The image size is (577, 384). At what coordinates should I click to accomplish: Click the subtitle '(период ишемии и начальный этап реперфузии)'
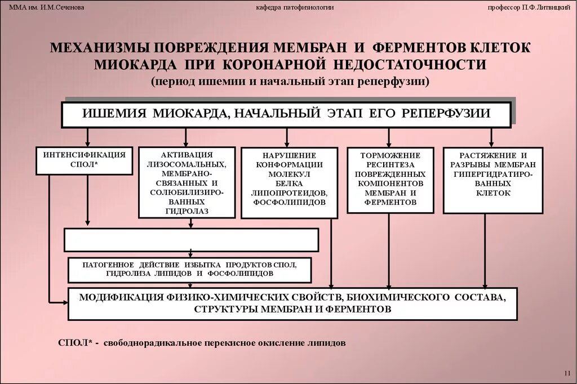coord(290,81)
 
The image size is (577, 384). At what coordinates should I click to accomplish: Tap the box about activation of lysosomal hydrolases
coord(187,182)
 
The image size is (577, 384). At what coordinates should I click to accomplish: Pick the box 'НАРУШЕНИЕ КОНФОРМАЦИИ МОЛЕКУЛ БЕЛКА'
coord(290,182)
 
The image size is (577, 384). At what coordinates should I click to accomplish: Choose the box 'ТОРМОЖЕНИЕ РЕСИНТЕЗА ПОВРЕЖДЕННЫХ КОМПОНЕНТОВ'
coord(390,179)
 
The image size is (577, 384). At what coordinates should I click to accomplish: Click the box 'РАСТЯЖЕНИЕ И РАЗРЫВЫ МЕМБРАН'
coord(492,180)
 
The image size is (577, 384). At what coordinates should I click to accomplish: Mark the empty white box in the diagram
coord(192,239)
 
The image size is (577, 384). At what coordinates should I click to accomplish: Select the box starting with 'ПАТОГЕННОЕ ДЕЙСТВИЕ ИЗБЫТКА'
coord(189,269)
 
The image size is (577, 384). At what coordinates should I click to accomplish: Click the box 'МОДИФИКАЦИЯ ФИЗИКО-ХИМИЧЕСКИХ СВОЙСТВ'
coord(292,303)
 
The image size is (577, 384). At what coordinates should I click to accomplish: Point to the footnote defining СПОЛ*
coord(202,342)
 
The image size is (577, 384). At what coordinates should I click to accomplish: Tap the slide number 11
coord(567,373)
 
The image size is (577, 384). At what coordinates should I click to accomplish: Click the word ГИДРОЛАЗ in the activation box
coord(187,211)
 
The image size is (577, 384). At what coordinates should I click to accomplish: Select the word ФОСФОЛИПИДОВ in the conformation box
coord(290,201)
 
